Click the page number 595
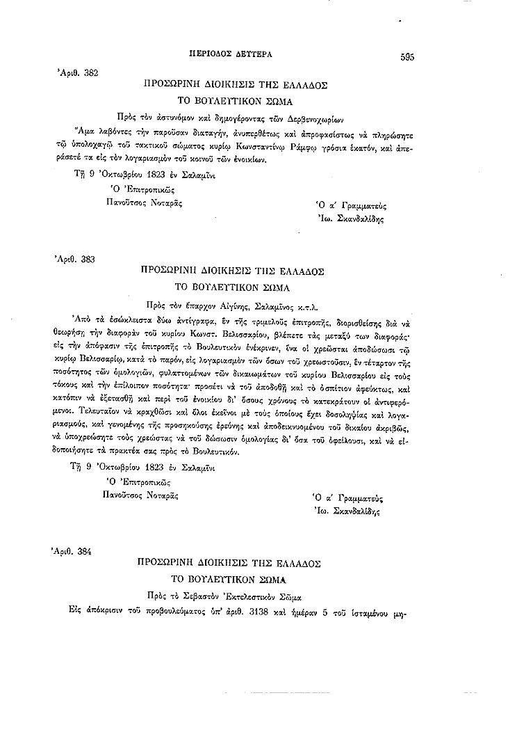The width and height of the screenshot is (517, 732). pyautogui.click(x=407, y=58)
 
